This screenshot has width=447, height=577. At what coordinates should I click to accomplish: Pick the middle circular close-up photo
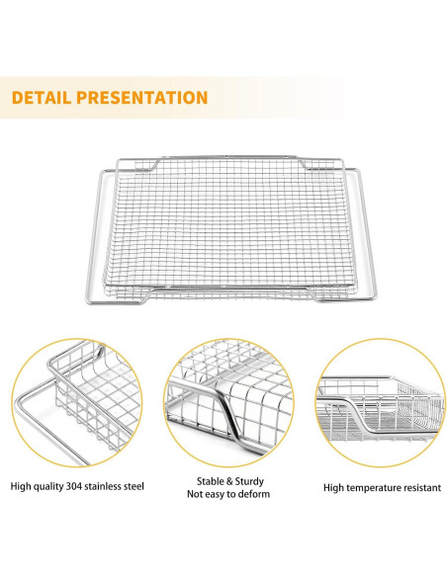(x=224, y=406)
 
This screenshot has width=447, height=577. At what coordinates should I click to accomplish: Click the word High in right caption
(x=334, y=488)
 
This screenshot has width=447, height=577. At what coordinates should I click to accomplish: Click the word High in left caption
(x=22, y=486)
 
